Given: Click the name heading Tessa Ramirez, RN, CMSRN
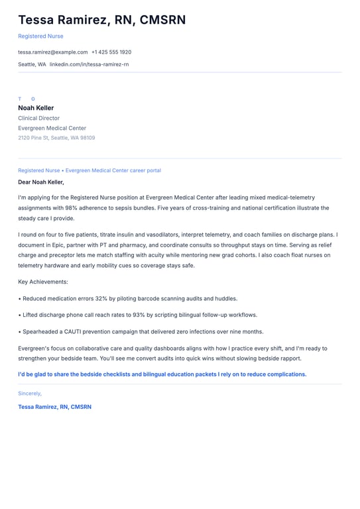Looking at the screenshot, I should [101, 20].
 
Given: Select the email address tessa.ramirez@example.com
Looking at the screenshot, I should [52, 52].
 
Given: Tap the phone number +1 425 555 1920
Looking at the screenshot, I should [111, 52].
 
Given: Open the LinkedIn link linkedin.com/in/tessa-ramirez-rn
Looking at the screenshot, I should [89, 64].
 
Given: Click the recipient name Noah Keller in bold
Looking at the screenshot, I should [36, 108].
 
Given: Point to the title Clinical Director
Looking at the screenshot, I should [38, 118].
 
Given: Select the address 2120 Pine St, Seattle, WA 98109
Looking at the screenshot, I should [56, 138].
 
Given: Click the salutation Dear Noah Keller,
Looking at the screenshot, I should [41, 182].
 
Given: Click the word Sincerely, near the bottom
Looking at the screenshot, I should [29, 393].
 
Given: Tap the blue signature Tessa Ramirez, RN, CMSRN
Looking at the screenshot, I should [54, 406].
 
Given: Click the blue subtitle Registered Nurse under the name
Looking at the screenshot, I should [40, 36].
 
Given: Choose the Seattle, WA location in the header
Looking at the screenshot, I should [32, 64].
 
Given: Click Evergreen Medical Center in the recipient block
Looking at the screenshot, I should [52, 128].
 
